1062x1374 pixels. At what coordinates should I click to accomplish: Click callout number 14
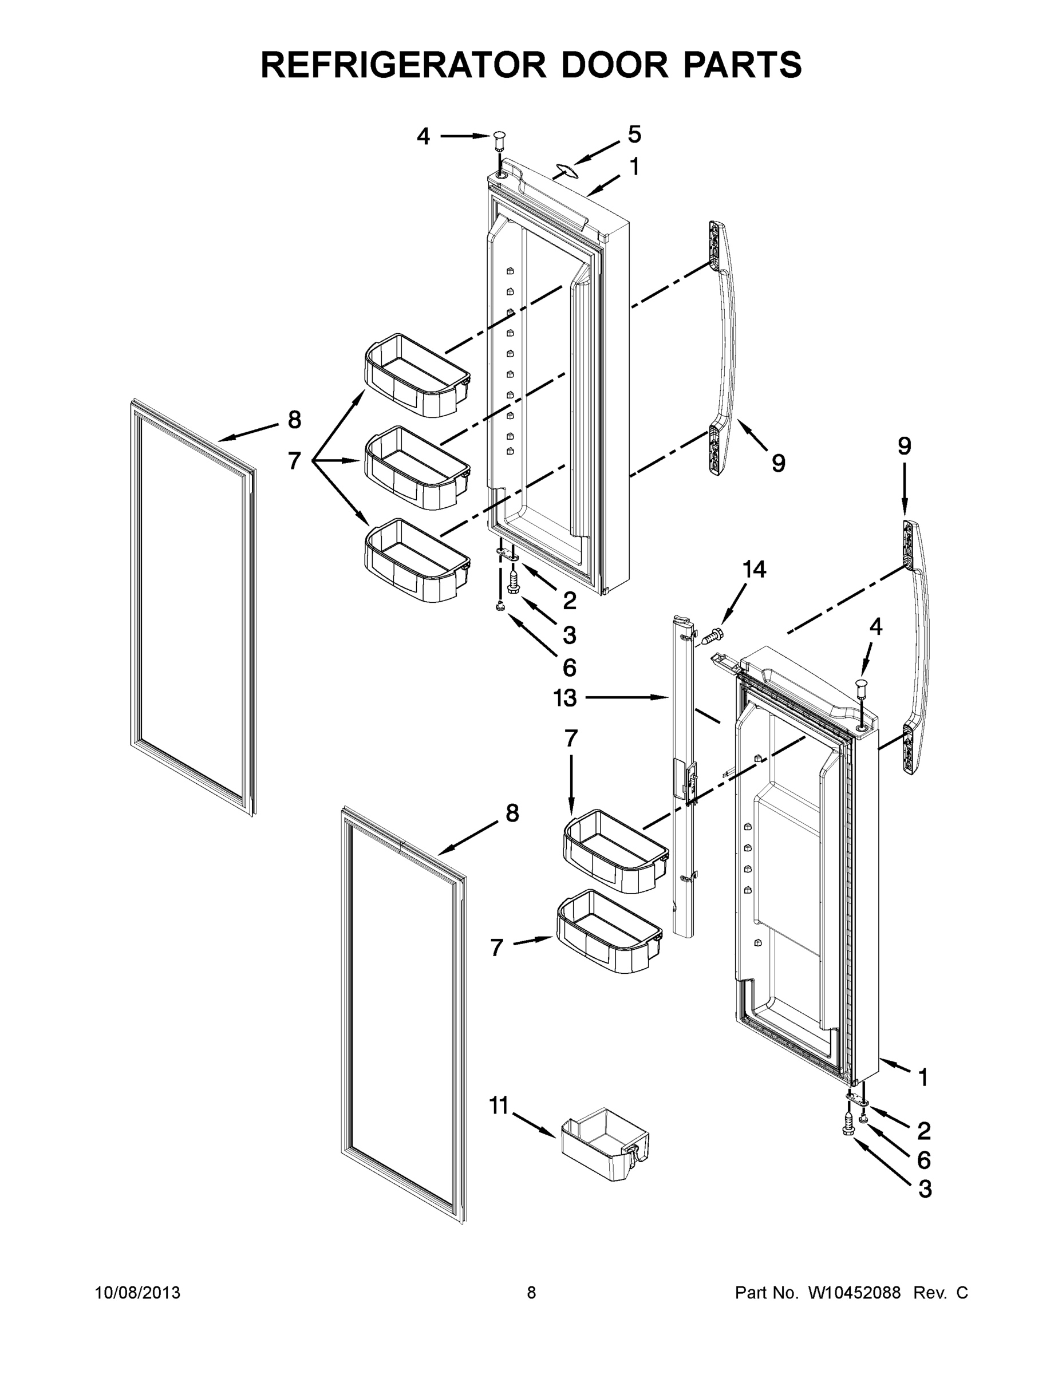click(755, 570)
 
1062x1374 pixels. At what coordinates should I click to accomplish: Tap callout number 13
click(565, 698)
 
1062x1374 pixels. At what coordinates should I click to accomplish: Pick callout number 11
click(499, 1105)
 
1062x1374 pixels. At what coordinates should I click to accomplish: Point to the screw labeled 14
click(713, 635)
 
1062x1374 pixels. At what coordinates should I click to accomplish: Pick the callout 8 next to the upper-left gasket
click(294, 420)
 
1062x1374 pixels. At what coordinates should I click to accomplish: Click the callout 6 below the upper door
click(568, 668)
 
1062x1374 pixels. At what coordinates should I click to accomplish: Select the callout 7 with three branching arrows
click(294, 461)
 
